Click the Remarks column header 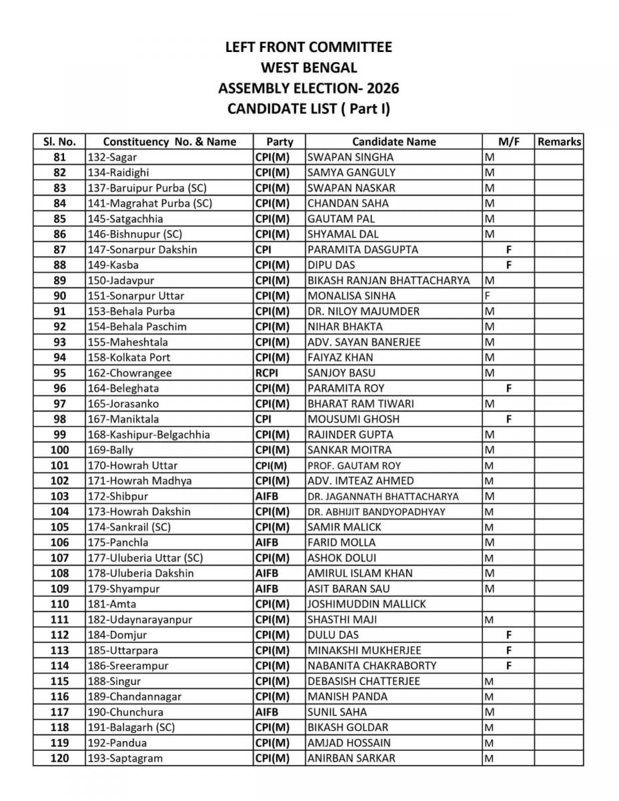coord(559,142)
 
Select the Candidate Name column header coord(393,142)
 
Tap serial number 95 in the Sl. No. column coord(59,372)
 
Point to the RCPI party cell coord(266,372)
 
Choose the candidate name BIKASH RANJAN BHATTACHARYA coord(389,280)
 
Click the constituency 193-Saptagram coord(125,758)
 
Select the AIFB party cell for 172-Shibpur coord(266,496)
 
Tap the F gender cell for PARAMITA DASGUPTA coord(508,250)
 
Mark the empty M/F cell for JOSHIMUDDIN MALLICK coord(508,604)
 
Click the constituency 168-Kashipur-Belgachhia coord(149,435)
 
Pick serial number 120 coord(59,758)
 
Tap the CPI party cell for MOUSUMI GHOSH coord(262,419)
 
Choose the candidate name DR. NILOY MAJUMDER coord(363,311)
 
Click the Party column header coord(279,142)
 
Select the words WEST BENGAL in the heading coord(308,68)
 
